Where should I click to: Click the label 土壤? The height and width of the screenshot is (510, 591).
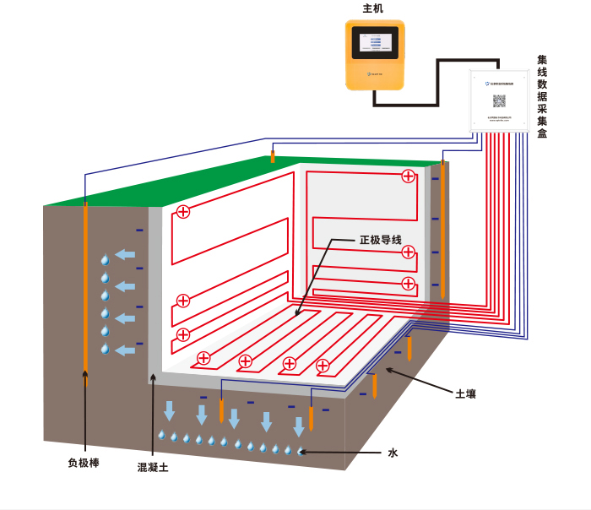click(466, 393)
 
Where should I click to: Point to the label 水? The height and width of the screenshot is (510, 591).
click(393, 453)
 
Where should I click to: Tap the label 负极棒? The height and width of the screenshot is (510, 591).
click(84, 463)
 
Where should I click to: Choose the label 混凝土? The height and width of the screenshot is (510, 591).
click(153, 467)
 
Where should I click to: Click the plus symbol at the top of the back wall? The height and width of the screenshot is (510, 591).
click(409, 176)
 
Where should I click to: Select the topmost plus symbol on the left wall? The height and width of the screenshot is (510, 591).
click(183, 212)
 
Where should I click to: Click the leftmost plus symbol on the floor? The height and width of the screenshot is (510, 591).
click(203, 358)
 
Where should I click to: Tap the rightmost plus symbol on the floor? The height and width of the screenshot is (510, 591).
click(323, 366)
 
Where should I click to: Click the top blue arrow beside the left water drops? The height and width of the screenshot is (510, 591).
click(125, 254)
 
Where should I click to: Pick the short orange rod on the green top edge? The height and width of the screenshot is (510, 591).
click(272, 156)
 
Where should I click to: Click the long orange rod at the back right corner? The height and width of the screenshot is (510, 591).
click(442, 228)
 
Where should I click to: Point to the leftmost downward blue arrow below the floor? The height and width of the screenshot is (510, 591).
click(170, 411)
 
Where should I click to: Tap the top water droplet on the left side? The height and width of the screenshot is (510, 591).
click(106, 259)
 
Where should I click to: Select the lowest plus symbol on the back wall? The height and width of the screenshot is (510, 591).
click(409, 283)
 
